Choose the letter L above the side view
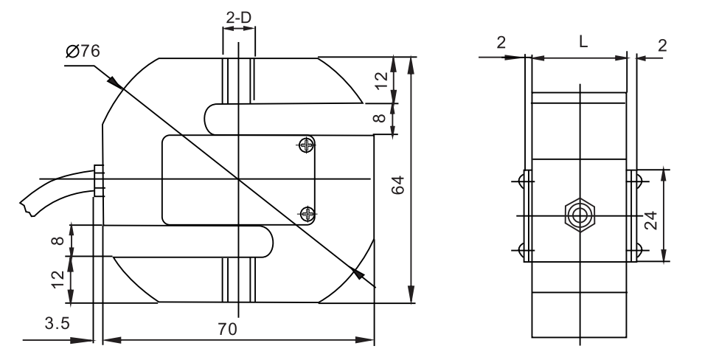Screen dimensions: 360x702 [583, 43]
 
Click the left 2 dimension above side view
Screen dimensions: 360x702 [501, 43]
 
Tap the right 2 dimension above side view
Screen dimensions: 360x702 [661, 45]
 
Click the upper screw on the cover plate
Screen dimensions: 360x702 [306, 145]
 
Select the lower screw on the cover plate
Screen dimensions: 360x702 [306, 213]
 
